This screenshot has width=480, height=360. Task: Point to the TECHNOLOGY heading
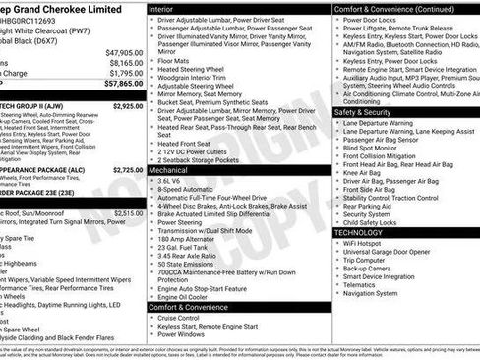click(366, 232)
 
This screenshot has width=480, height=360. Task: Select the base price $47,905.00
click(125, 52)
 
